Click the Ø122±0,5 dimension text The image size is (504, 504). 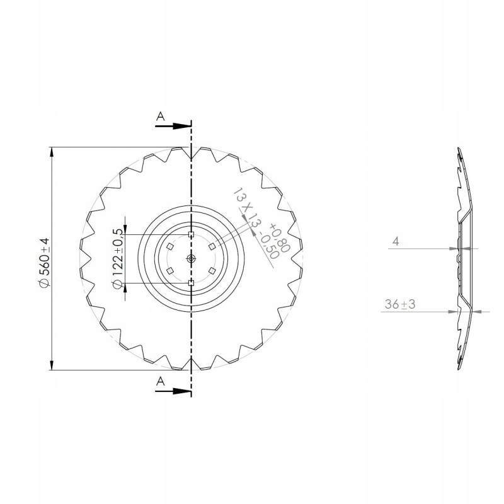point(117,259)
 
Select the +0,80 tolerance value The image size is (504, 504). point(280,238)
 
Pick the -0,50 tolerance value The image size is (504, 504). point(268,246)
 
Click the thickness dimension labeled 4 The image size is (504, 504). point(396,241)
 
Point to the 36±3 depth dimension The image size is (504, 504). point(400,304)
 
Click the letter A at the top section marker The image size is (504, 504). point(161,117)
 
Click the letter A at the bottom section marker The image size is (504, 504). point(161,382)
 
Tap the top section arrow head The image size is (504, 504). point(182,127)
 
